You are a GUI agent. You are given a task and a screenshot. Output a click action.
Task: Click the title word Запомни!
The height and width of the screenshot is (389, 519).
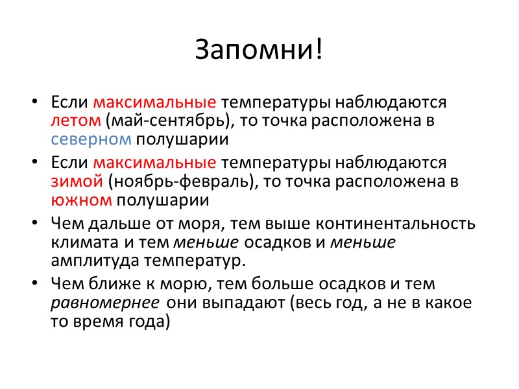pos(259,50)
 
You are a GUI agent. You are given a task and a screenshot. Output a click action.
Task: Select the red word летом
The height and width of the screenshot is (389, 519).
pos(76,121)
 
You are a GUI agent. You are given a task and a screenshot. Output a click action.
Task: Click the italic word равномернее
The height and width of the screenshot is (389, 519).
pos(105,303)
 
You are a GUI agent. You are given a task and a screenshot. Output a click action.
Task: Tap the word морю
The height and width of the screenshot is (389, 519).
pos(186,284)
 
